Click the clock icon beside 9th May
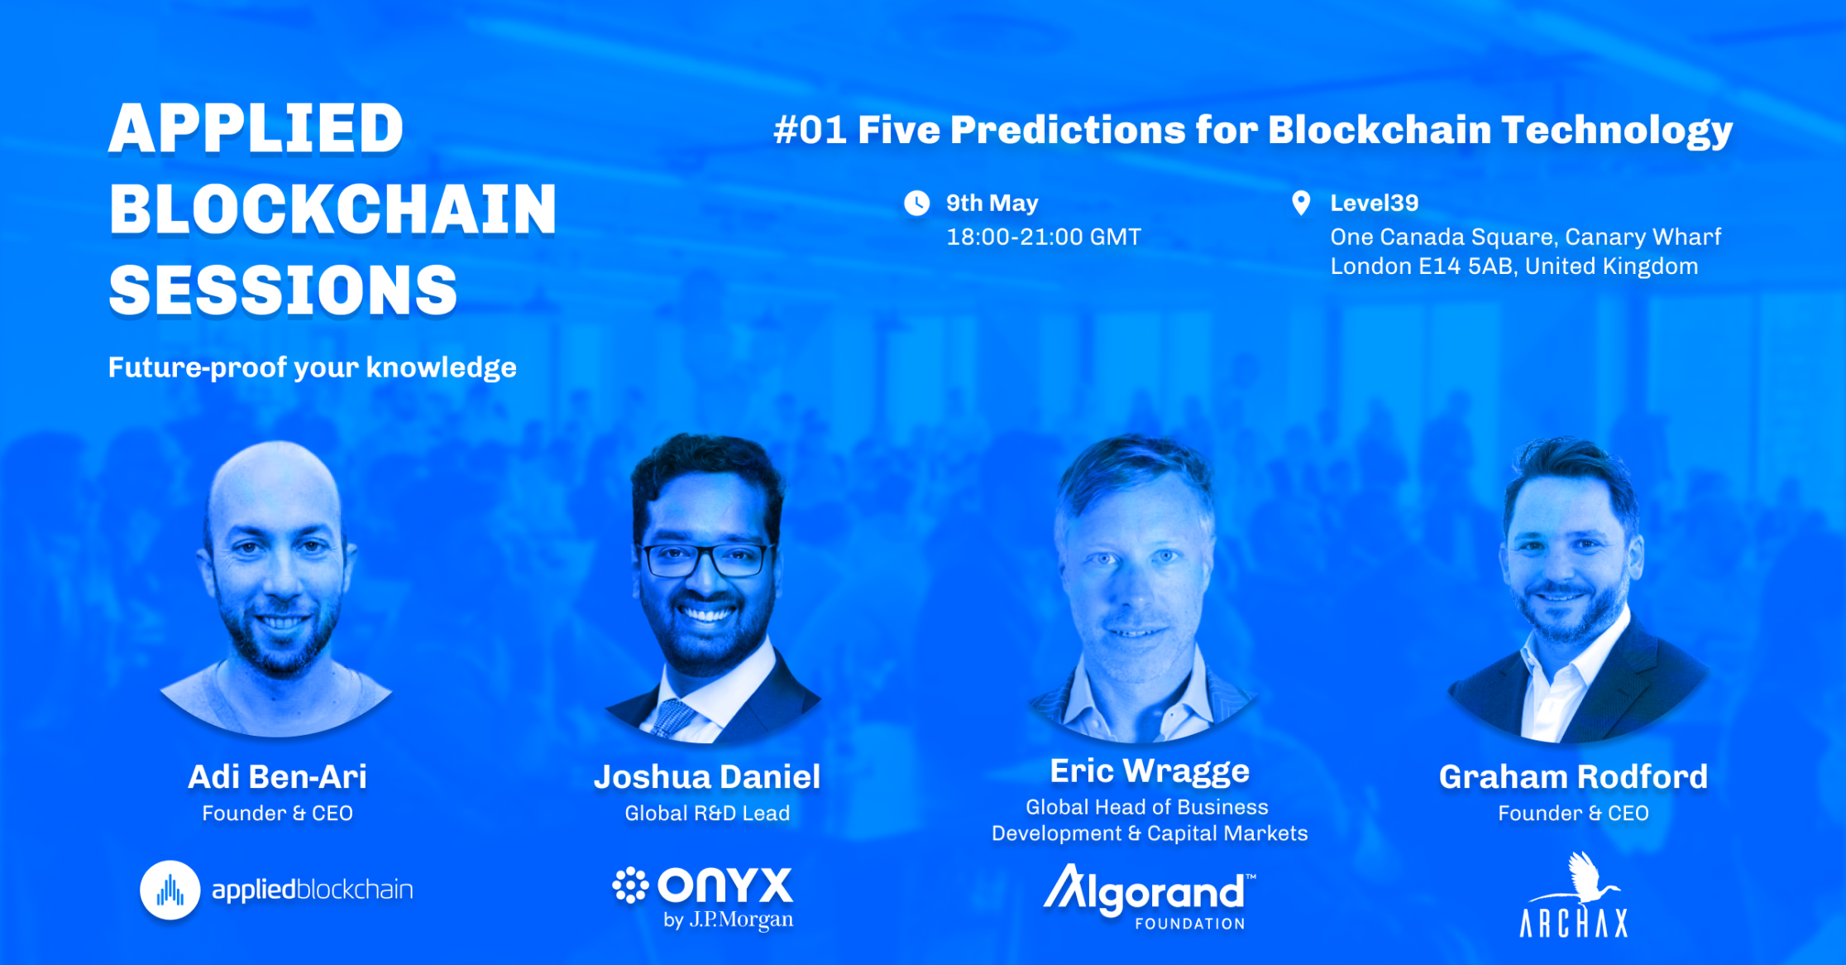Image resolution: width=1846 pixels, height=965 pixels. [x=916, y=203]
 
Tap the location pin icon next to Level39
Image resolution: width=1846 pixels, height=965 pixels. [x=1301, y=203]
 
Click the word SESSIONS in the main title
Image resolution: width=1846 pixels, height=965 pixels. [x=283, y=290]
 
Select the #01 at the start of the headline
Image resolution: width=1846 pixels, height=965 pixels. [x=811, y=130]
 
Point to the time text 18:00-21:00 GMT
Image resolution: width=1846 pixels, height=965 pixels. [x=1044, y=238]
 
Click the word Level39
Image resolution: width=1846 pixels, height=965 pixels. [x=1375, y=203]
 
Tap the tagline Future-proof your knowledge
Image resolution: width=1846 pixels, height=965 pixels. [x=313, y=367]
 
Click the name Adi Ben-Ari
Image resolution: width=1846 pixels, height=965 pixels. [x=277, y=777]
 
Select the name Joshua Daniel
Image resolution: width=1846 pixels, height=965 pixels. [x=707, y=777]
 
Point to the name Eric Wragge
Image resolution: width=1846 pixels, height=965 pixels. [x=1150, y=771]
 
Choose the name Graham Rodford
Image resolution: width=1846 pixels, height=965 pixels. [x=1573, y=777]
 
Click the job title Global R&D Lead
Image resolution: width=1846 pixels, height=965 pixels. [x=707, y=814]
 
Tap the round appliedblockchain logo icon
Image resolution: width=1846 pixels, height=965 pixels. [x=170, y=891]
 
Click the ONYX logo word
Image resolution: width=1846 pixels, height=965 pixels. [x=725, y=886]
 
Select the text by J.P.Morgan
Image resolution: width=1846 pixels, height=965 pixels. [x=729, y=919]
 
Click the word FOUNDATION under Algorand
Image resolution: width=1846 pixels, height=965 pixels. [x=1190, y=924]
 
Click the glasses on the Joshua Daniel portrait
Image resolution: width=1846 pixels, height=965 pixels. [x=707, y=559]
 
